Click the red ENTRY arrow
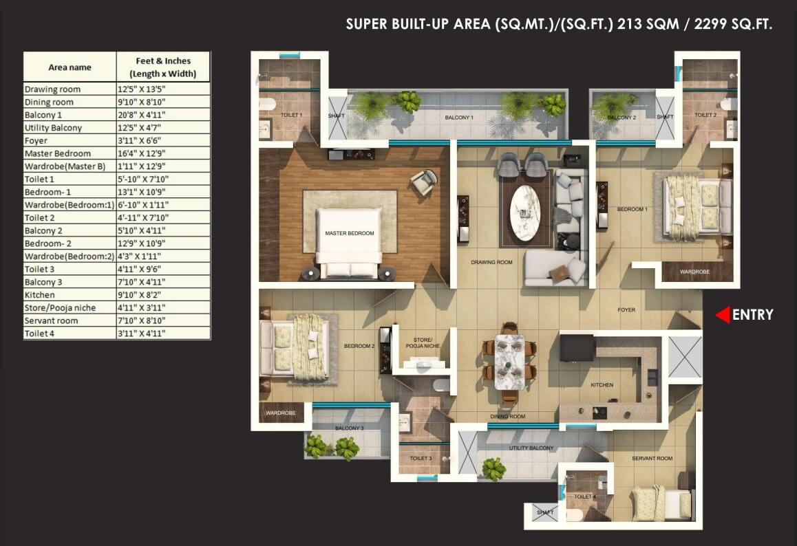click(x=723, y=315)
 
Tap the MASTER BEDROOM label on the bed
click(x=349, y=233)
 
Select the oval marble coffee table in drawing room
click(x=524, y=213)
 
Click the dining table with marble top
click(x=510, y=362)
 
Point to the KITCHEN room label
click(x=602, y=385)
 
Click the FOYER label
click(x=626, y=310)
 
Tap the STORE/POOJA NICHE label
click(x=423, y=343)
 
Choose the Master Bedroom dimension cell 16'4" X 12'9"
click(x=141, y=153)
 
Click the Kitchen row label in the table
click(x=40, y=295)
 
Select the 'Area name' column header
click(x=70, y=67)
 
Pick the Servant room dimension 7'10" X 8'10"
click(x=141, y=320)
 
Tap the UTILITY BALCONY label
click(x=531, y=448)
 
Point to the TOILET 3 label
click(x=421, y=458)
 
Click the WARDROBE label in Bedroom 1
click(x=695, y=272)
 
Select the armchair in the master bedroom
click(x=424, y=182)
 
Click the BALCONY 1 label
click(x=459, y=118)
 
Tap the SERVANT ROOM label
click(x=652, y=458)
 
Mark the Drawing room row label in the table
click(x=52, y=89)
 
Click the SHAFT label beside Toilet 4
click(x=545, y=512)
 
